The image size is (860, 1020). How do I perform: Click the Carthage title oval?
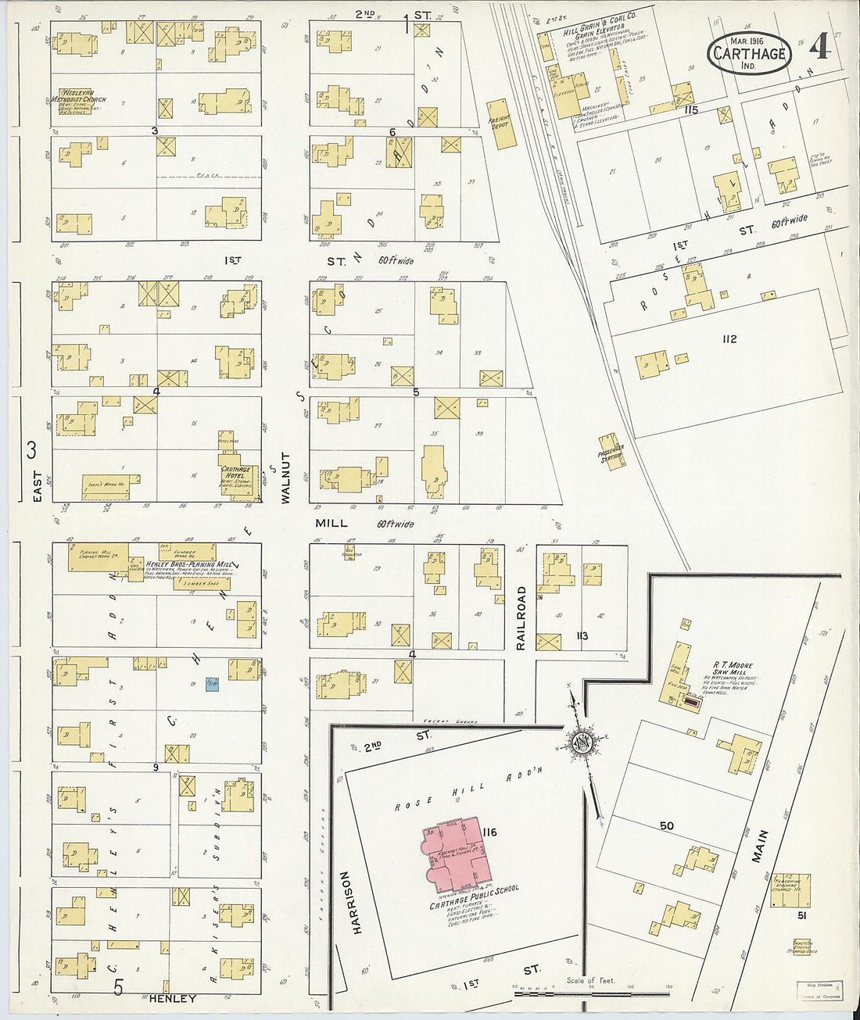tap(749, 53)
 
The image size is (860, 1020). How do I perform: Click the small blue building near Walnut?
tap(211, 684)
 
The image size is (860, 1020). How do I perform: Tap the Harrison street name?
tap(357, 902)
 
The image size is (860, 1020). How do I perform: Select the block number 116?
tap(490, 831)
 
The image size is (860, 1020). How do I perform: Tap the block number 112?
tap(729, 339)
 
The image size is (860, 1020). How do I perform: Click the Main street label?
tap(760, 846)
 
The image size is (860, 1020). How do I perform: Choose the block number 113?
tap(582, 636)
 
